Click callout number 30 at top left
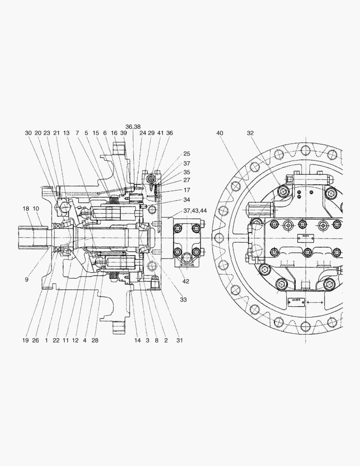click(28, 133)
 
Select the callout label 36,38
click(133, 127)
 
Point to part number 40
click(220, 133)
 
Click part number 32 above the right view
click(251, 133)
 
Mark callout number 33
click(183, 299)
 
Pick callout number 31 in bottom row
click(179, 340)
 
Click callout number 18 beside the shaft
click(26, 208)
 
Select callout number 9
click(26, 279)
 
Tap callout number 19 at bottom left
click(25, 340)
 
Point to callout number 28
click(95, 340)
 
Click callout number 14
click(137, 340)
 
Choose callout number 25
click(186, 154)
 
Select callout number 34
click(186, 200)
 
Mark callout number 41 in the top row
click(160, 133)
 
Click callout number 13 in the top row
click(66, 133)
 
